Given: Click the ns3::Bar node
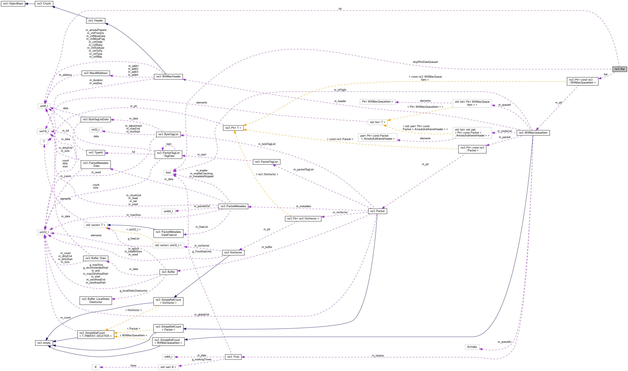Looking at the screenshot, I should [x=620, y=69].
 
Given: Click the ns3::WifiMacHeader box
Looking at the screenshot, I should [x=168, y=77].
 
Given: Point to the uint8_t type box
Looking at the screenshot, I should [x=44, y=106].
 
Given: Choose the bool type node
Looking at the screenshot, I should [x=168, y=173].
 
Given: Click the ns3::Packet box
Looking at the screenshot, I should [x=377, y=211].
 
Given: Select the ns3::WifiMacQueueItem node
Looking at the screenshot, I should [x=533, y=133].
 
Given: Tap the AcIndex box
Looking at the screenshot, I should [x=472, y=347].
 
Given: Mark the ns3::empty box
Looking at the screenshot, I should [x=44, y=343].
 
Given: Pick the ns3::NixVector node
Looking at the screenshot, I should [x=233, y=253].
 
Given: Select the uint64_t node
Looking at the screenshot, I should [x=168, y=211].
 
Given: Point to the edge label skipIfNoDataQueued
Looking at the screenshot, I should [x=425, y=62].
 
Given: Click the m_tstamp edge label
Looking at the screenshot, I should [x=378, y=355].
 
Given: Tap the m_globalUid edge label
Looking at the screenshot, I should [x=202, y=314].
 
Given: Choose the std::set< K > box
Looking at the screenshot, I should [x=168, y=367].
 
